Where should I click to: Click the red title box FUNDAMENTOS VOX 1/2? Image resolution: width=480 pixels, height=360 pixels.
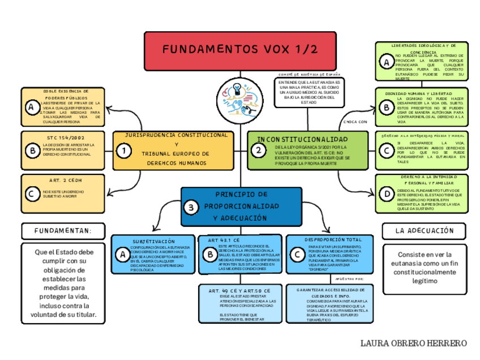coord(240,50)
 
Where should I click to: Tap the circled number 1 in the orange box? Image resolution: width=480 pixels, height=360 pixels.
coord(123,151)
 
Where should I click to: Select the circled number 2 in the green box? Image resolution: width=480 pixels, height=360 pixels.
coord(258,151)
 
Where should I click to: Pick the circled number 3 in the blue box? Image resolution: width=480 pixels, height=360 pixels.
coord(192,208)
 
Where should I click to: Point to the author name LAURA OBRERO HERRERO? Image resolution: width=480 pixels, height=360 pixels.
coord(413,344)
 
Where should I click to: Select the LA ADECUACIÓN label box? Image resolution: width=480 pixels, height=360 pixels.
coord(425,231)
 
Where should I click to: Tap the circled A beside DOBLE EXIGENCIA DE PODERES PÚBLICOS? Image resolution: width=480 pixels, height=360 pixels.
coord(31,107)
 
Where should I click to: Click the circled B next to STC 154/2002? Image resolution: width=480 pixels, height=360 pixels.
coord(31,150)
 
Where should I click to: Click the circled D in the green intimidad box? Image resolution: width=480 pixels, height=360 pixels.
coord(387,194)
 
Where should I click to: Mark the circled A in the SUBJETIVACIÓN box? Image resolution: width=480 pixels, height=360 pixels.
coord(121,255)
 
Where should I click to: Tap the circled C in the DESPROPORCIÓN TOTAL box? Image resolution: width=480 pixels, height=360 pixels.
coord(297,255)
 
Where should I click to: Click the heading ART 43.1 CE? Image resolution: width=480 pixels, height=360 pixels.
coord(224,241)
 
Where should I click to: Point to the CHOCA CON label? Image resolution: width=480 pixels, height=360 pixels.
coord(355,122)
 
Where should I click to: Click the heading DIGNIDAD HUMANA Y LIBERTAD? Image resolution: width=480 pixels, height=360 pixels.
coord(418,93)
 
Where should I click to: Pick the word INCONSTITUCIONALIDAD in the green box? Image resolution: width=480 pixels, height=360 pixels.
coord(303,139)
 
